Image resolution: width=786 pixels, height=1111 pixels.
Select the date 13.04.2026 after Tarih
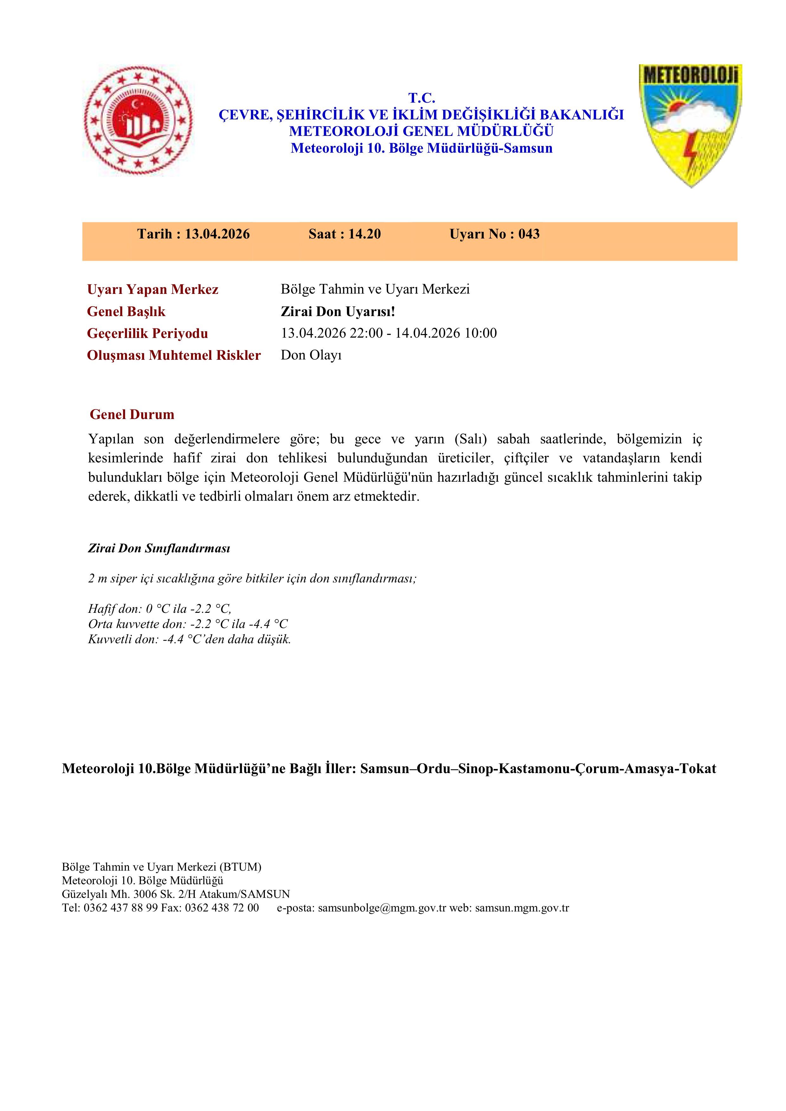coord(217,234)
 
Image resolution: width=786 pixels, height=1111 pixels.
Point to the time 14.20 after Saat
coord(364,234)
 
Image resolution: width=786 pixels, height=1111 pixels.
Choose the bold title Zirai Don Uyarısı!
coord(338,312)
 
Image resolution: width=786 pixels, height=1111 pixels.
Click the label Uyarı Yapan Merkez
coord(152,289)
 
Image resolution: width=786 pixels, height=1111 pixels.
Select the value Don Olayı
coord(311,355)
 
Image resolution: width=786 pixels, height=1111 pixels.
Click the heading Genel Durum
coord(132,414)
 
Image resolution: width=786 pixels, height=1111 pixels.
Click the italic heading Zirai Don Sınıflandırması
coord(159,548)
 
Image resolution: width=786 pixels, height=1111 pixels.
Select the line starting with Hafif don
coord(160,608)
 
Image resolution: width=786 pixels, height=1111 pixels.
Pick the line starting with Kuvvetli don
coord(189,639)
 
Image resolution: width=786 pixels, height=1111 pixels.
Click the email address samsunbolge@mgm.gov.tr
coord(382,908)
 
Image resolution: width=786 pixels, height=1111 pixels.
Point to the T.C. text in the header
coord(422,98)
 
